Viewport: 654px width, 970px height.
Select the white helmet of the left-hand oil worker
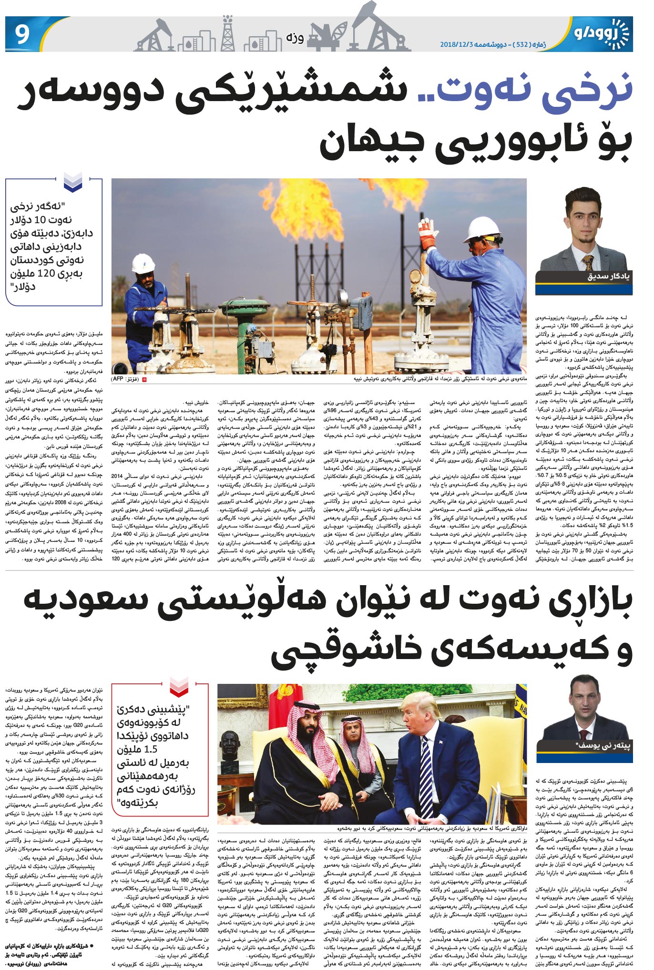coord(143,263)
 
